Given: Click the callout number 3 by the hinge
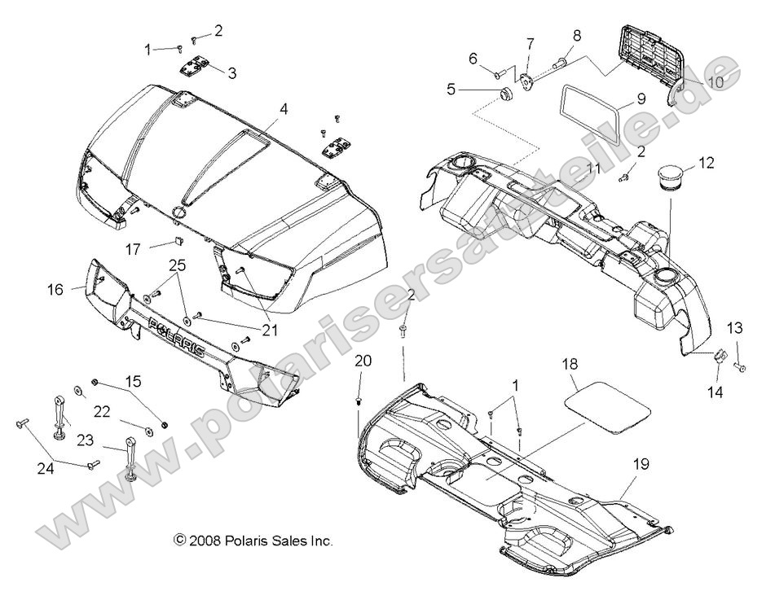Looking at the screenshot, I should [232, 73].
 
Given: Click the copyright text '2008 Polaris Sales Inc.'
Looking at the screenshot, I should [253, 540].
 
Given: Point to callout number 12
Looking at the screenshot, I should [707, 163].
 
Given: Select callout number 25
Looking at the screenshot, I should [177, 265].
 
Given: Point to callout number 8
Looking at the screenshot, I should [576, 36].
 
